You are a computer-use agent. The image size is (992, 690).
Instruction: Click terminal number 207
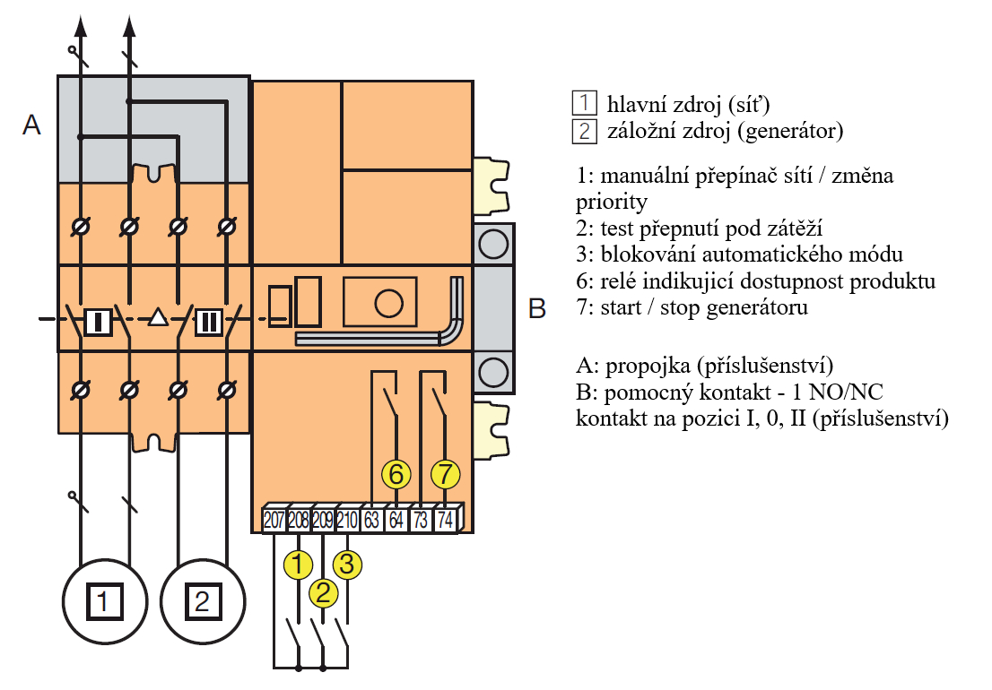[274, 520]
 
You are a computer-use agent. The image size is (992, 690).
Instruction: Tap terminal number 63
[371, 520]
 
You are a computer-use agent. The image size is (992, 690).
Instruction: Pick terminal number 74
[445, 520]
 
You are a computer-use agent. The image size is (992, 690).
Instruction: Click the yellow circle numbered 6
[396, 473]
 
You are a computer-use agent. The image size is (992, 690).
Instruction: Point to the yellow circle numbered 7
[445, 473]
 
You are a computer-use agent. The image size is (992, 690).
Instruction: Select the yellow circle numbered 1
[298, 564]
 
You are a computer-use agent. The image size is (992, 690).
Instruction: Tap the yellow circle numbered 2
[323, 592]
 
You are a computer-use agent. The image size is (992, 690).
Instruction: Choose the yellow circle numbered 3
[347, 564]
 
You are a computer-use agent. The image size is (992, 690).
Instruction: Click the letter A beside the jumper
[31, 125]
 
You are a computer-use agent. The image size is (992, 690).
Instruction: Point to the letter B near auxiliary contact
[536, 309]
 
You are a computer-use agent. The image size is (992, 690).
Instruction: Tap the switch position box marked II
[208, 319]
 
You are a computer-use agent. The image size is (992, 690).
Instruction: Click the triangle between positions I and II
[158, 317]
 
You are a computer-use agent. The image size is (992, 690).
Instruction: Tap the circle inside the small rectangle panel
[387, 303]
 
